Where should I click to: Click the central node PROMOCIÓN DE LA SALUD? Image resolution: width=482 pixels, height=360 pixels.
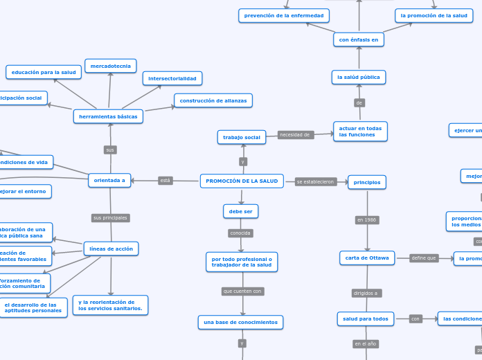242,181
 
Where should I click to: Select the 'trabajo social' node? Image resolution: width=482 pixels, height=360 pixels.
242,138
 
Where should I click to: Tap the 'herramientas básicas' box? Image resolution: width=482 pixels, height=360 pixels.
109,117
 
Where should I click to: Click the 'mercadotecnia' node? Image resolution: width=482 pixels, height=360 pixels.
110,66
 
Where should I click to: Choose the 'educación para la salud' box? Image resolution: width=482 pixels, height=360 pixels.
44,72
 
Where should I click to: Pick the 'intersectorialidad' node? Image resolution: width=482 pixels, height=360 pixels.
172,78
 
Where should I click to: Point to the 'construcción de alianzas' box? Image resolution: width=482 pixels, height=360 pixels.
213,100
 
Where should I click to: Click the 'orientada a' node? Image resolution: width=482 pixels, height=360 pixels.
109,181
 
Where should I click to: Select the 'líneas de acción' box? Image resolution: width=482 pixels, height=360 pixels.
111,249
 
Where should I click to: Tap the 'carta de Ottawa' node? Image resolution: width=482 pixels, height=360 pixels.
367,258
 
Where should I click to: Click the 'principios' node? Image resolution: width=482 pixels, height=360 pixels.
367,182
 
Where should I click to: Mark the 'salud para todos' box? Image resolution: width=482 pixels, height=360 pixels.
366,318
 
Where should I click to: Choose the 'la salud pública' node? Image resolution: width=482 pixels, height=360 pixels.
359,77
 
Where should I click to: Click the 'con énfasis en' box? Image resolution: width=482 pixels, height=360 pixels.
359,39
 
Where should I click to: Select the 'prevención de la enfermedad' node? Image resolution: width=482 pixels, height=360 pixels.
284,15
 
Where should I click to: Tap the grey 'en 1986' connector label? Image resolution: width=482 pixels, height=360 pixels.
367,220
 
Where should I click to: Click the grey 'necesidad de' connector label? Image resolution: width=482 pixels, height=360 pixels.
295,134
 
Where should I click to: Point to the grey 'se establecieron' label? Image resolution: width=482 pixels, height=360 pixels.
316,182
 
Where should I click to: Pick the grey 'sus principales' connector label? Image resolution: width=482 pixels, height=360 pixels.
111,218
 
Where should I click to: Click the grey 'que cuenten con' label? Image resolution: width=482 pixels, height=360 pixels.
242,291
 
